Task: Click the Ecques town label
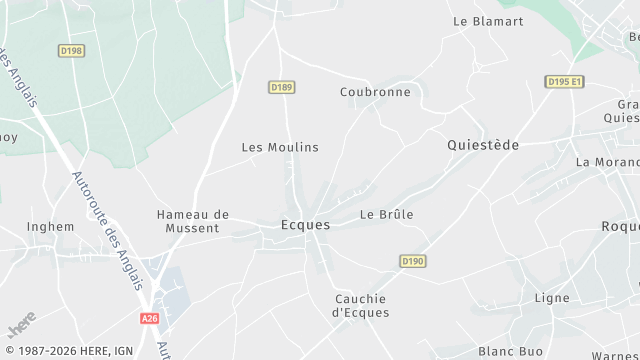pyautogui.click(x=305, y=225)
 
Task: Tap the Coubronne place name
pyautogui.click(x=375, y=92)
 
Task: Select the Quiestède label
pyautogui.click(x=482, y=145)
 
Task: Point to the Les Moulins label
pyautogui.click(x=280, y=147)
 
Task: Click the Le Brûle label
pyautogui.click(x=387, y=214)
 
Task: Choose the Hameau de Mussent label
pyautogui.click(x=193, y=221)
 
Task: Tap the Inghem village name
pyautogui.click(x=51, y=226)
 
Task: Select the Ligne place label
pyautogui.click(x=552, y=298)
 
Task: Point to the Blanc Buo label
pyautogui.click(x=510, y=351)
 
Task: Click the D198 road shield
pyautogui.click(x=71, y=49)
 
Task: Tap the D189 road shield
pyautogui.click(x=282, y=88)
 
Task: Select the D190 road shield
pyautogui.click(x=413, y=261)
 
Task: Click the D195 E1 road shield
pyautogui.click(x=564, y=81)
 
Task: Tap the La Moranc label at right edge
pyautogui.click(x=607, y=162)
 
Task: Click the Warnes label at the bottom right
pyautogui.click(x=615, y=355)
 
